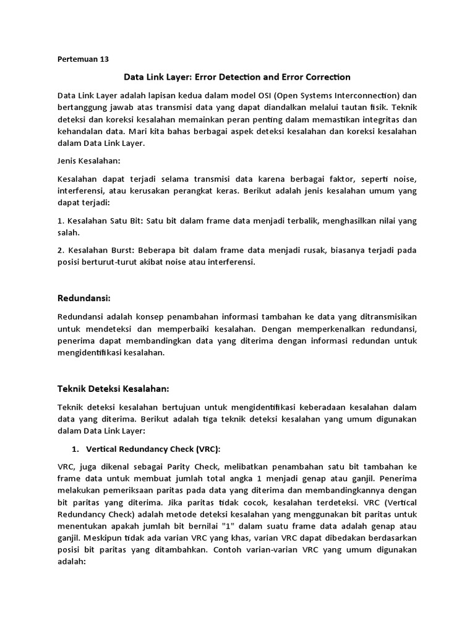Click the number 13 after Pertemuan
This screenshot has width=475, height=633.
click(x=103, y=59)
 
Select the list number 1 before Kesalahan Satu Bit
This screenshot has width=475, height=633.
click(x=59, y=220)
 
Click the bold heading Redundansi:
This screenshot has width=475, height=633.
click(x=83, y=299)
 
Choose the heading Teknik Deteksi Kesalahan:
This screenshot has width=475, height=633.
click(x=113, y=388)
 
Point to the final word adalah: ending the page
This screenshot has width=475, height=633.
click(x=71, y=561)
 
